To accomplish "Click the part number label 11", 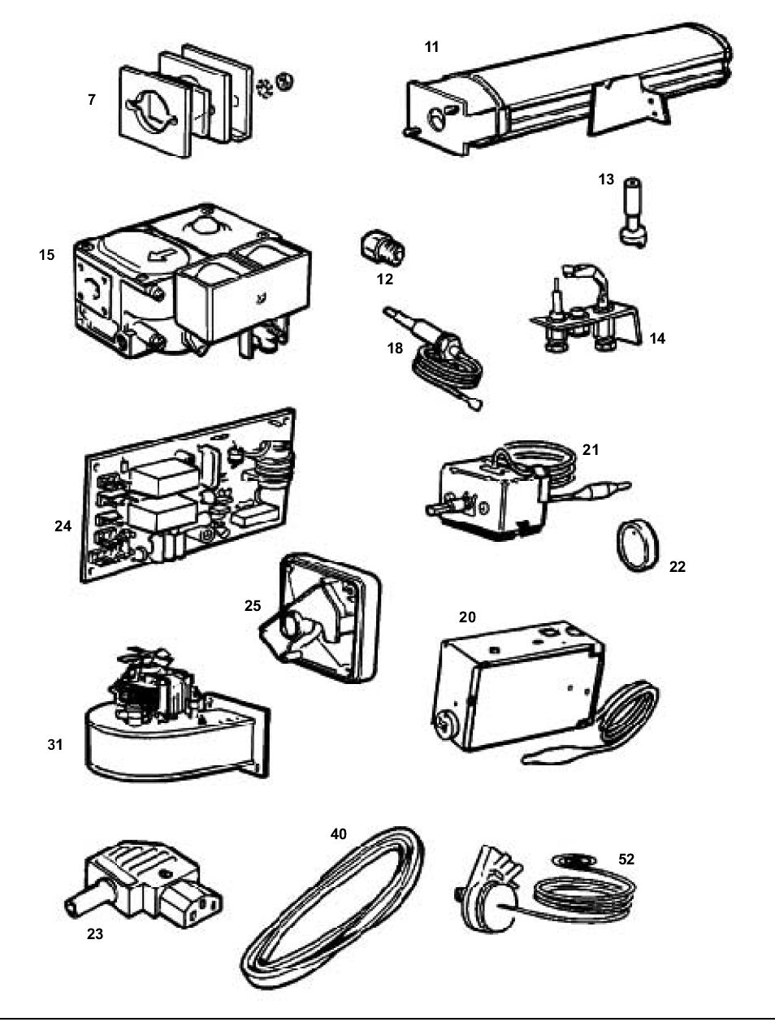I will [431, 47].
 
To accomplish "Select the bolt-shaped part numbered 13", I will [630, 212].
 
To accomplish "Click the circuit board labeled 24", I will [187, 496].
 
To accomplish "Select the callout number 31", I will [54, 744].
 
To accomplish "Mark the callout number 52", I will [626, 859].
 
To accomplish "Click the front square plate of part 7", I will [154, 110].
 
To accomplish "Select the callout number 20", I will [467, 617].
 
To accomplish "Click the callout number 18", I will [395, 348].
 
